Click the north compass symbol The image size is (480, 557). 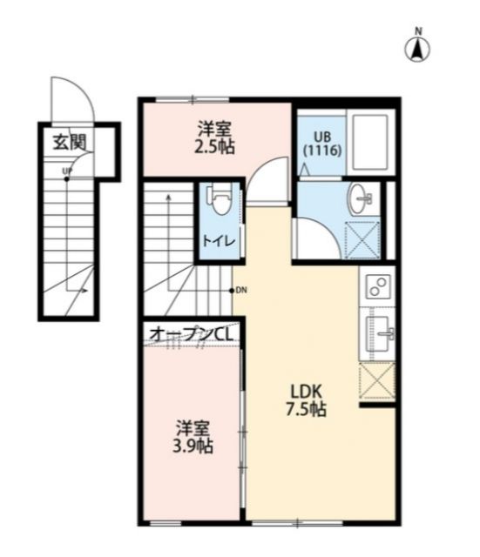[x=417, y=47]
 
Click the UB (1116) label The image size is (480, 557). [x=322, y=143]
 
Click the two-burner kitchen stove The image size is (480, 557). [x=378, y=285]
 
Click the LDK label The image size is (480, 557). [x=305, y=390]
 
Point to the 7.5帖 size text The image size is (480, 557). [x=305, y=409]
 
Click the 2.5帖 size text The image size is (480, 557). [x=216, y=146]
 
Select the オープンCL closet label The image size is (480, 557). [x=192, y=332]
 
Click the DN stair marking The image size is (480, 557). [x=240, y=290]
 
